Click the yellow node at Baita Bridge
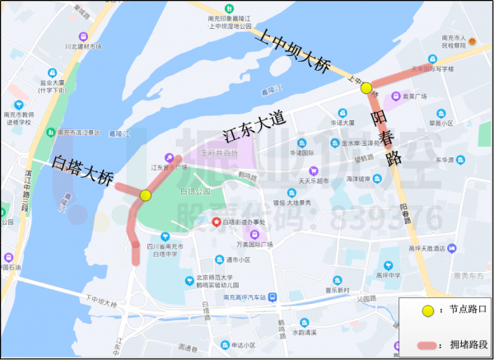(146, 195)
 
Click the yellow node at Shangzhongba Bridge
(366, 87)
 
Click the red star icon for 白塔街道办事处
(217, 222)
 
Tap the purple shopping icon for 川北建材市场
(82, 36)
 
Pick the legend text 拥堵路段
(466, 343)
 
